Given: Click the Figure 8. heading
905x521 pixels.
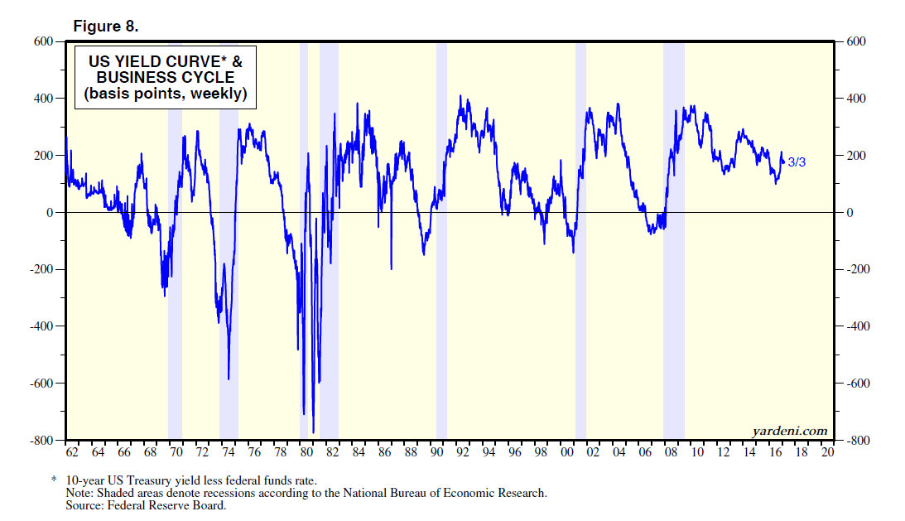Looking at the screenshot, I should coord(106,27).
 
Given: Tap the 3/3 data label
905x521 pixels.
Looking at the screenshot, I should coord(797,162).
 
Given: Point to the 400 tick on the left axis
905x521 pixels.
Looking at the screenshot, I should coord(43,99).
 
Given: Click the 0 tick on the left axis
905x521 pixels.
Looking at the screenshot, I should coord(50,213).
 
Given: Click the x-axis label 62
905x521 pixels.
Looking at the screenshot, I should coord(72,453).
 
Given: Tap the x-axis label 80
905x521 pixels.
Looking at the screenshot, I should coord(306,453).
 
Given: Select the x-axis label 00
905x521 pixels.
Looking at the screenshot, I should coord(567,453).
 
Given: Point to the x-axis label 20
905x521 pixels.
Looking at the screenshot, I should coord(827,453).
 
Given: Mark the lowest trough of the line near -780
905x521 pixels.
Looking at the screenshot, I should coord(313,432).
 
